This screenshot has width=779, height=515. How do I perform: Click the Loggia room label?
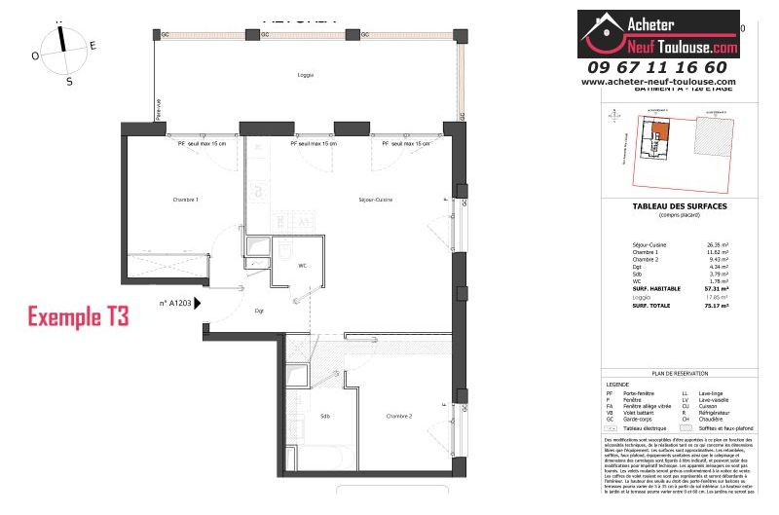point(306,75)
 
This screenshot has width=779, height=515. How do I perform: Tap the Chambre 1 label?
point(185,200)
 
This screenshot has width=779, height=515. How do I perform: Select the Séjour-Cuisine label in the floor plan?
point(371,200)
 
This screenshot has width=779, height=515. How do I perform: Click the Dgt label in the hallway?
point(259,312)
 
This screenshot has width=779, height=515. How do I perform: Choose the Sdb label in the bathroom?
point(324,416)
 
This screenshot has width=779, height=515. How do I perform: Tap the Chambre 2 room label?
point(399,416)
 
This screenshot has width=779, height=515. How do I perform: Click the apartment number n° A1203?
point(174,303)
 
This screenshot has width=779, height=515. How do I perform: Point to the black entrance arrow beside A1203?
point(199,303)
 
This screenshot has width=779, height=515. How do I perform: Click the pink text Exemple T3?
point(77,316)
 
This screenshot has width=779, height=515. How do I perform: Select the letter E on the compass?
point(93,46)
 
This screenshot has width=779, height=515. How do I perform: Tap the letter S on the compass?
point(69,82)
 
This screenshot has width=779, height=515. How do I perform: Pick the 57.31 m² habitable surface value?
point(718,289)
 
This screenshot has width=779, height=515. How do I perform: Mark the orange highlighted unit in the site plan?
point(661,131)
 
